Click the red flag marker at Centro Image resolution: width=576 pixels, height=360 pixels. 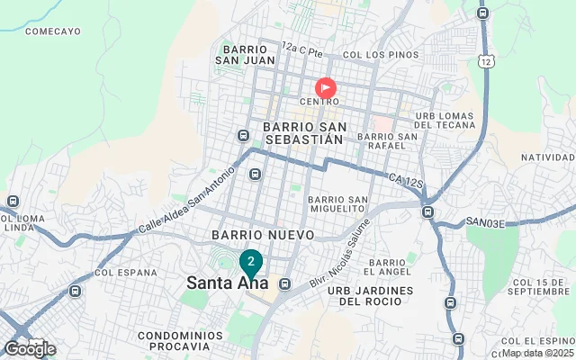click(x=325, y=87)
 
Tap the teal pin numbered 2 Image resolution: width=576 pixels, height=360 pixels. click(x=251, y=262)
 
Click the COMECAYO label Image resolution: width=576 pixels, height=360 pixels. click(x=53, y=31)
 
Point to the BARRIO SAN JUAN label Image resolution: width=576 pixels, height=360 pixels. click(x=244, y=54)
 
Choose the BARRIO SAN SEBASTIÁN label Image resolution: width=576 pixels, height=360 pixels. click(x=303, y=133)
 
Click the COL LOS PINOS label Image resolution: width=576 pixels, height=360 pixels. click(x=368, y=54)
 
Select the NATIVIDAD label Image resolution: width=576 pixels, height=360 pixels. click(x=547, y=157)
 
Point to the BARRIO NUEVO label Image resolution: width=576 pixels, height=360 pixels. click(x=262, y=234)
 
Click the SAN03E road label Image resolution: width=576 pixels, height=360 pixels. click(x=486, y=221)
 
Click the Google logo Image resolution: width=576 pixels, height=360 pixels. click(x=30, y=349)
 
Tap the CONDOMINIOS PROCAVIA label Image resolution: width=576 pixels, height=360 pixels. click(x=167, y=340)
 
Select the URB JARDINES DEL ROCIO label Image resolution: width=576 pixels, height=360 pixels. click(x=370, y=296)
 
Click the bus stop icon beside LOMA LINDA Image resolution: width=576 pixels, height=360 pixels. click(x=13, y=201)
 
